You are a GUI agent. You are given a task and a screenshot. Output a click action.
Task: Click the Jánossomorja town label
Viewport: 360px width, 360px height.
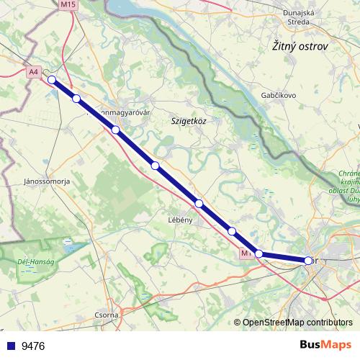click(47, 181)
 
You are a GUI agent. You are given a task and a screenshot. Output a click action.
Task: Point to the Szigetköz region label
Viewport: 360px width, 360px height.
click(189, 122)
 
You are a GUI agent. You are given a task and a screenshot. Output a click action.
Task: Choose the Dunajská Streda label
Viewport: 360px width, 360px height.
click(296, 17)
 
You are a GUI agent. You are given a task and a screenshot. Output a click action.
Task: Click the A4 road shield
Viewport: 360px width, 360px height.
click(34, 72)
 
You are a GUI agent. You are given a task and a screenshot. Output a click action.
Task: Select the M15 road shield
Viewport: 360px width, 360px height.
click(68, 4)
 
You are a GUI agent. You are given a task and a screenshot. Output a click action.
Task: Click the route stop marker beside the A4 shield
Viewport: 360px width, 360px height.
click(51, 79)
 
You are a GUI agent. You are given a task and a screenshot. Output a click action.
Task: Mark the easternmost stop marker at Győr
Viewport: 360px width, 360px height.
click(308, 261)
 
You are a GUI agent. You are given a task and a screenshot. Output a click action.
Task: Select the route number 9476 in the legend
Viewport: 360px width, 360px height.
click(33, 346)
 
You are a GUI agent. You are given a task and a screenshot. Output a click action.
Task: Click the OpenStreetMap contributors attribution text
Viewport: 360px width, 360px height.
click(297, 323)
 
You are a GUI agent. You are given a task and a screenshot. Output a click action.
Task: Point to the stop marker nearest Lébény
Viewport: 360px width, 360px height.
click(199, 204)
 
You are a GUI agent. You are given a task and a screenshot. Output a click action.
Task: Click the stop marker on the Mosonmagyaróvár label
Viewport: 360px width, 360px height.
click(115, 130)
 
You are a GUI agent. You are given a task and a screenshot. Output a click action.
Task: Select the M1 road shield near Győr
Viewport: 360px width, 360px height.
click(246, 253)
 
